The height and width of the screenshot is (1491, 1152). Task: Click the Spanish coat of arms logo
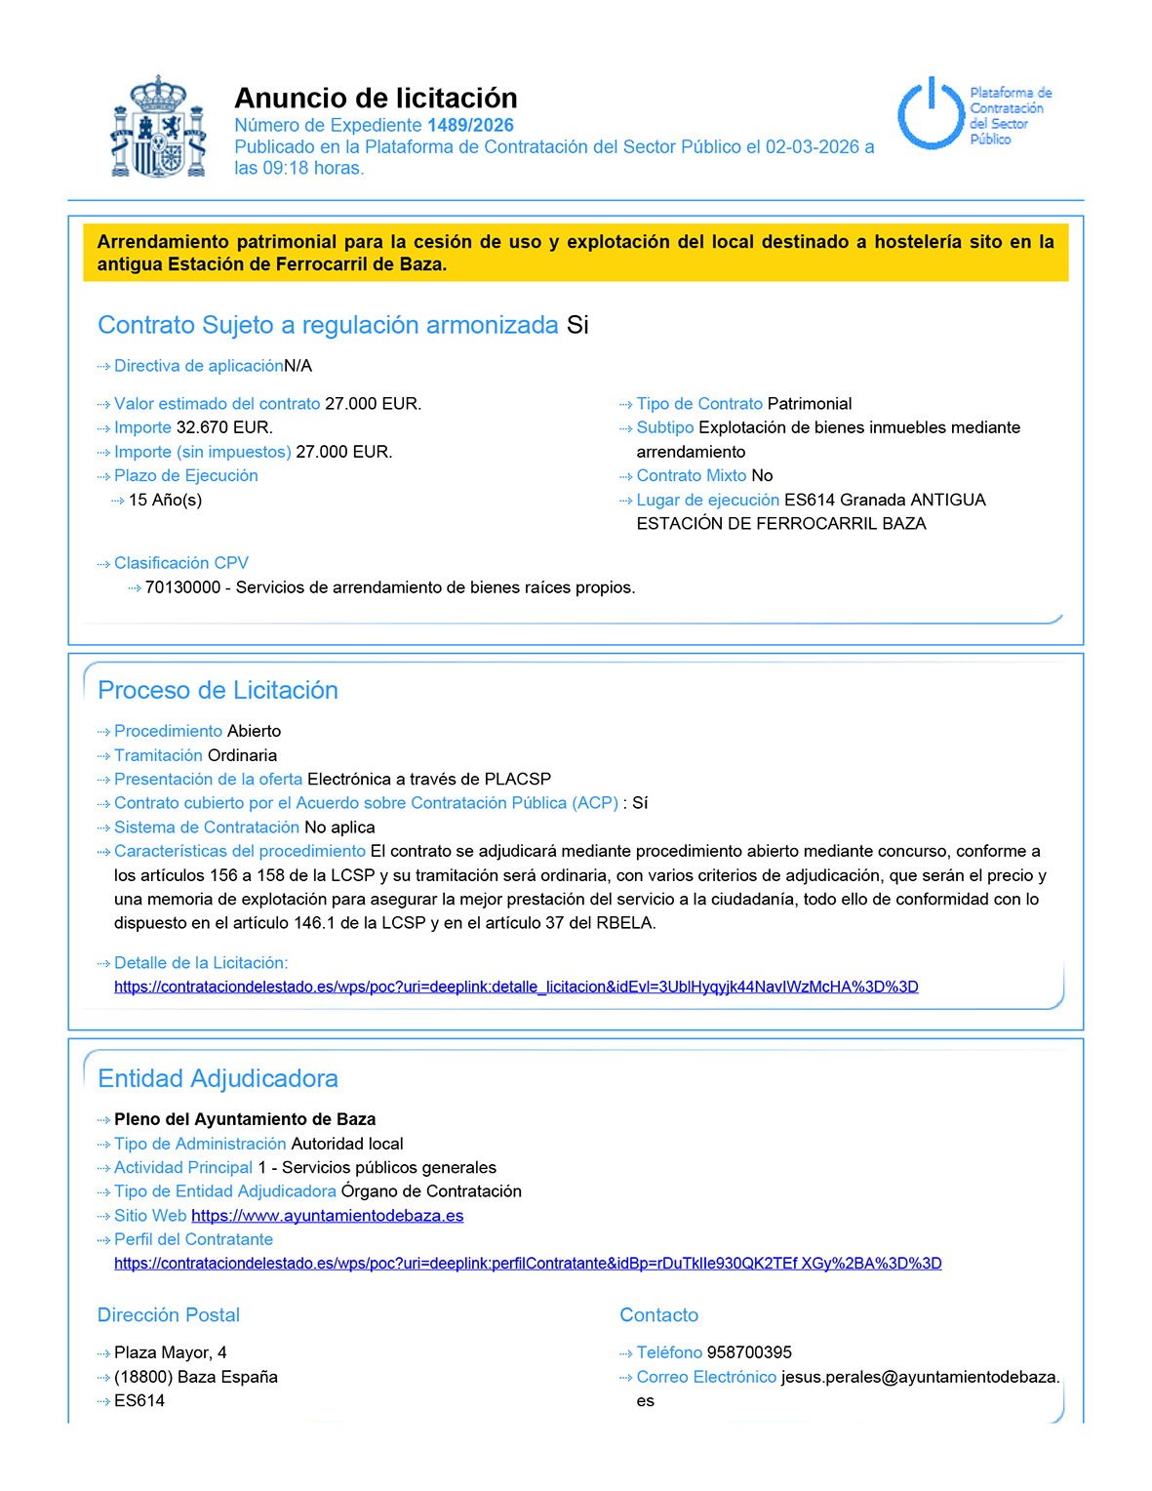[x=158, y=128]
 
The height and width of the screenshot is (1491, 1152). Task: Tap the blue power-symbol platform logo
[x=931, y=114]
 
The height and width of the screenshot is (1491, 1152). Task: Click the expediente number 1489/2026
[x=470, y=125]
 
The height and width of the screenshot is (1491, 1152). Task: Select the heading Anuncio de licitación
[x=376, y=98]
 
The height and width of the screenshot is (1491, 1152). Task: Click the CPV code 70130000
[x=182, y=587]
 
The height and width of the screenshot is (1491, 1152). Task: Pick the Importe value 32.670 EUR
[x=224, y=427]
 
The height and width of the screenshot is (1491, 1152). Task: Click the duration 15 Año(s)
[x=165, y=500]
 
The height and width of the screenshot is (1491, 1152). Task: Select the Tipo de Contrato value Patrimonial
[x=809, y=404]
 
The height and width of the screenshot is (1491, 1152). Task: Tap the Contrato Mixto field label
[x=691, y=475]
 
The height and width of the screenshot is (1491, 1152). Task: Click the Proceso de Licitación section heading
[x=218, y=690]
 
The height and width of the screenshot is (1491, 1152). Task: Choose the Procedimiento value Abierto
[x=254, y=731]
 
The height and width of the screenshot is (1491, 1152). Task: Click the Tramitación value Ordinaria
[x=242, y=755]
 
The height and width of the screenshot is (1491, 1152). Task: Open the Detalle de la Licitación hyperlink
[x=516, y=987]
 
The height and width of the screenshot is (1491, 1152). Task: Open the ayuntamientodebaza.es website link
[x=327, y=1216]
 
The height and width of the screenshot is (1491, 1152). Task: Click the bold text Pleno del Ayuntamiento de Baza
[x=245, y=1119]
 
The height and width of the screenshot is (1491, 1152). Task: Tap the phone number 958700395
[x=749, y=1352]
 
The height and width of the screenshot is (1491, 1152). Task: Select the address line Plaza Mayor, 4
[x=171, y=1352]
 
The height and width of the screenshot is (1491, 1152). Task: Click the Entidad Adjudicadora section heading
[x=218, y=1078]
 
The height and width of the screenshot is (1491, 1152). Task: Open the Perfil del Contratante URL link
[x=528, y=1264]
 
